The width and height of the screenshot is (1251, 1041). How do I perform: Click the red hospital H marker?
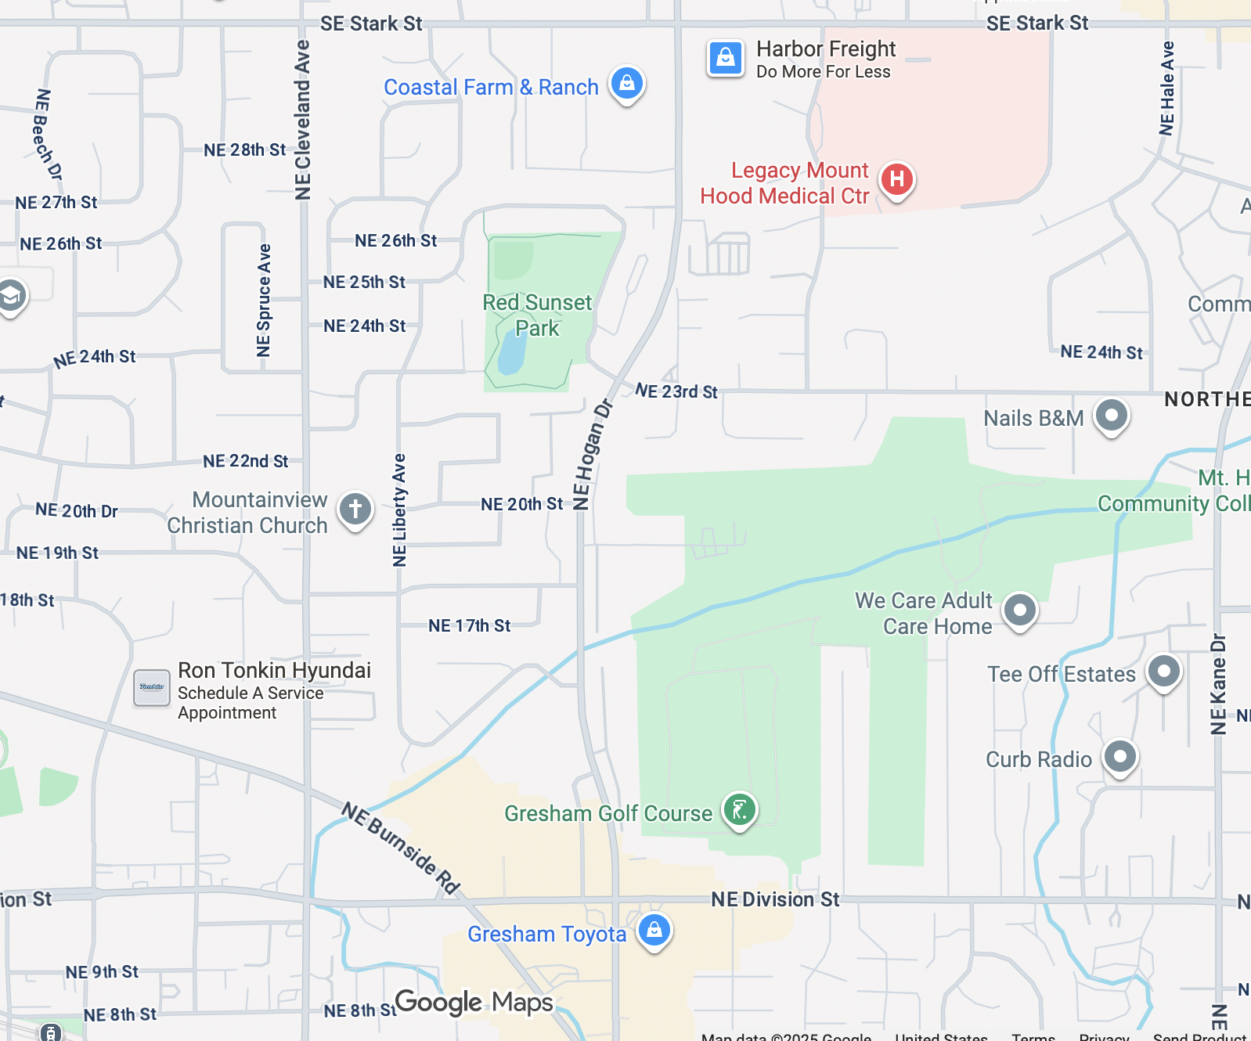[896, 179]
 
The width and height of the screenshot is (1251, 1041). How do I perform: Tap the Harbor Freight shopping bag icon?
[725, 58]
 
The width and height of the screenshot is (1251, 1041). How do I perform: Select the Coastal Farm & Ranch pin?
[627, 82]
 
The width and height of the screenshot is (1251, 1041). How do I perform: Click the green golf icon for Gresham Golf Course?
[739, 809]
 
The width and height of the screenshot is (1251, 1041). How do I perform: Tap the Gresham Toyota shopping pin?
[654, 930]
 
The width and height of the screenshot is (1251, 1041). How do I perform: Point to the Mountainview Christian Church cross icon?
[355, 509]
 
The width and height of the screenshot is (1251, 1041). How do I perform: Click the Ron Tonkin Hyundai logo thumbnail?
[151, 687]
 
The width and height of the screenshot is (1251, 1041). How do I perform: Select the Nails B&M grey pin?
[1111, 415]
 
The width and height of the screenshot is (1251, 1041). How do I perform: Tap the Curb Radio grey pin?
[1119, 756]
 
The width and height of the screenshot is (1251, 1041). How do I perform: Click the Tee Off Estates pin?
[1163, 671]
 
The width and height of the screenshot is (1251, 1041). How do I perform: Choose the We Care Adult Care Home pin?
[1019, 610]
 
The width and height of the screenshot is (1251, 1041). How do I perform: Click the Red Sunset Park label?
[537, 315]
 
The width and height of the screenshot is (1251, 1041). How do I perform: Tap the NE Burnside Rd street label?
[401, 848]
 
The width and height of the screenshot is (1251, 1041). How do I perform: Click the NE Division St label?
[774, 899]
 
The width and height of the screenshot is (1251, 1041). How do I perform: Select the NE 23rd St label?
[676, 391]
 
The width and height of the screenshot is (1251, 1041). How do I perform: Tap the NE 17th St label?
[469, 625]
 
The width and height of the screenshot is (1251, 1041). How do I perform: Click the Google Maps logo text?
[474, 1002]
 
